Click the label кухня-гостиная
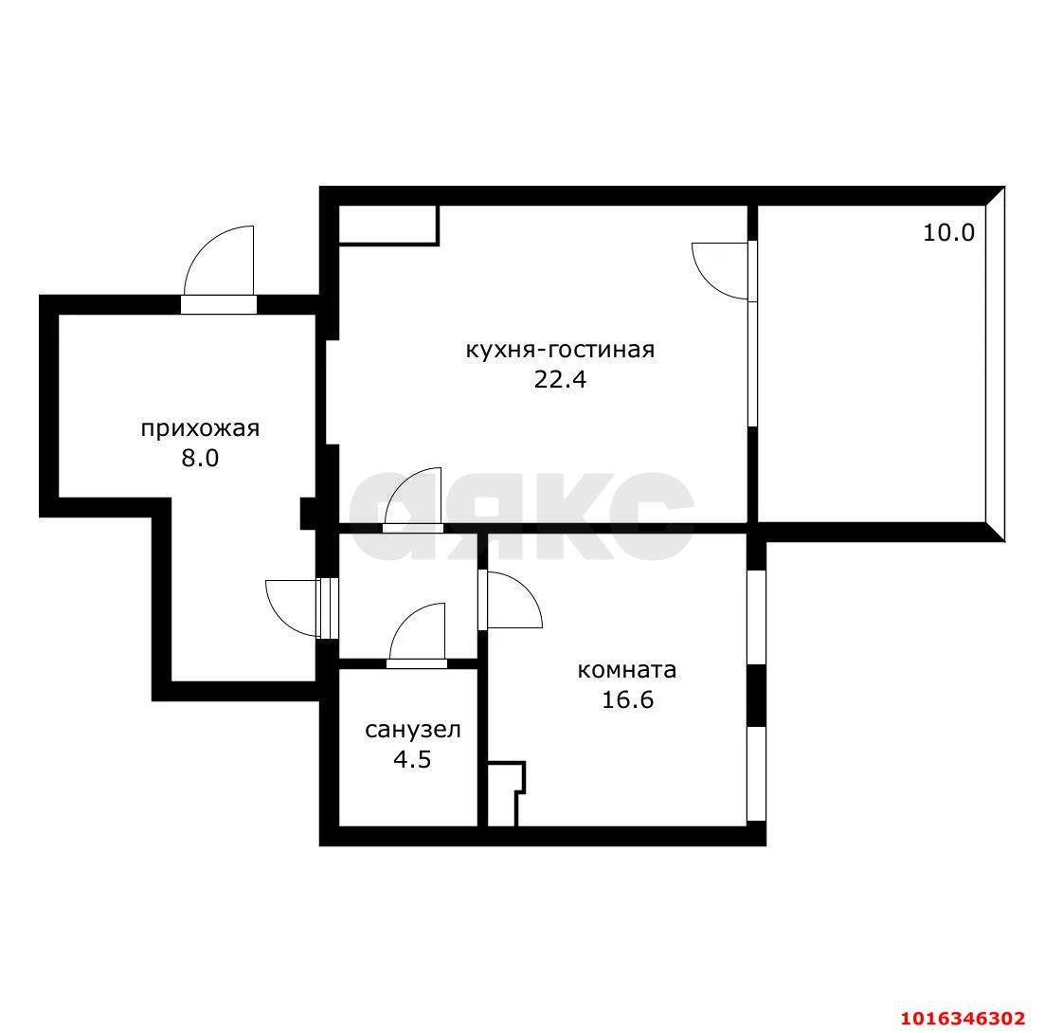coord(560,350)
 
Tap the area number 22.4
coord(560,380)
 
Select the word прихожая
coord(200,429)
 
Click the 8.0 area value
coord(201,459)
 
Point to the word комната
coord(626,670)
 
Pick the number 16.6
coord(627,700)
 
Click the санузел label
coord(413,730)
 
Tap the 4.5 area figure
coord(413,759)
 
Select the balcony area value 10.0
coord(948,232)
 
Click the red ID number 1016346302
coord(963,1019)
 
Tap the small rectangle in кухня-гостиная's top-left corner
coord(388,226)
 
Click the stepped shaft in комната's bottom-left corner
coord(506,794)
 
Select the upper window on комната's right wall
coord(756,616)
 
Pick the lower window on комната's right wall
coord(756,773)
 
